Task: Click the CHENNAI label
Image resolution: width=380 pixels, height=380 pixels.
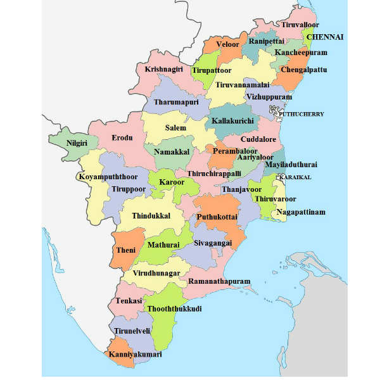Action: (x=325, y=37)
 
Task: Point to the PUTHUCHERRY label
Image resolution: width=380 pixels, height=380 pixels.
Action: (x=296, y=114)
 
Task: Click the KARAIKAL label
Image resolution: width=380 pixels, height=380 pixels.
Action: (x=295, y=177)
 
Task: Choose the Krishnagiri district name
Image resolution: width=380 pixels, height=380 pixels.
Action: (x=163, y=69)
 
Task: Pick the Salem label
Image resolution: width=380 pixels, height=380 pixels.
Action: (x=176, y=128)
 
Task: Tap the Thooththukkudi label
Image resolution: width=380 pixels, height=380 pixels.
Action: (x=174, y=308)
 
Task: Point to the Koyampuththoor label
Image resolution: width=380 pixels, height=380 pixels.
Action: (x=108, y=177)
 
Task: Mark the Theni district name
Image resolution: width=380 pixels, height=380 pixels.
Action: (x=126, y=250)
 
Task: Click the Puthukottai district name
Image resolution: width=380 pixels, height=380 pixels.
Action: (x=217, y=216)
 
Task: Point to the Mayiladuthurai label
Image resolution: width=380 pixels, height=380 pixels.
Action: (x=291, y=165)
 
